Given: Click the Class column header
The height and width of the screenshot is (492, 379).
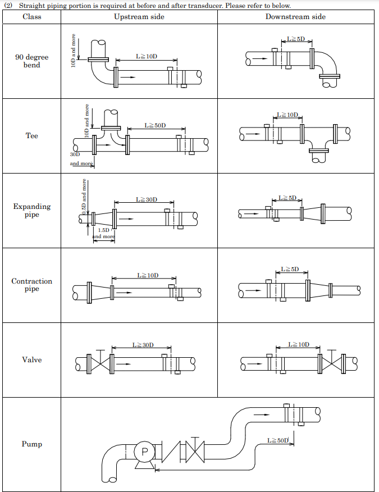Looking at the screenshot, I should click(x=32, y=16).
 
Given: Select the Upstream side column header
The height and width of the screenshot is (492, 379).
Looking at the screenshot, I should click(x=139, y=16).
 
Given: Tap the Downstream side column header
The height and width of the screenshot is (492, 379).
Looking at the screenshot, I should click(x=295, y=16).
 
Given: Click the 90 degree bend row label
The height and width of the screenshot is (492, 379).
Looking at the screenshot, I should click(x=32, y=61).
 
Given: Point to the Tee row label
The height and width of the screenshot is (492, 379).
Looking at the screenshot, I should click(x=32, y=135).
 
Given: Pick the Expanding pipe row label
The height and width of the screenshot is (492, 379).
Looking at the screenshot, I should click(x=32, y=210).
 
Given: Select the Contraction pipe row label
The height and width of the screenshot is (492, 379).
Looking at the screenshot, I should click(x=32, y=285).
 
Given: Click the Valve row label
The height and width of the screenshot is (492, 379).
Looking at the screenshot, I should click(x=32, y=359).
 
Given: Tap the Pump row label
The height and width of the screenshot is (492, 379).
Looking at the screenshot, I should click(x=32, y=444).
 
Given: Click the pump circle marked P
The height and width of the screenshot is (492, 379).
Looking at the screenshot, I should click(x=145, y=451).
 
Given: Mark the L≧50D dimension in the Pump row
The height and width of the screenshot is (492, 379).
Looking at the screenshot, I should click(x=277, y=440).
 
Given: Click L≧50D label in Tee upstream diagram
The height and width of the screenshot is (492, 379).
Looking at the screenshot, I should click(x=155, y=125).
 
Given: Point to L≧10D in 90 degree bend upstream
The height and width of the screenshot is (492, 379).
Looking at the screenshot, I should click(x=147, y=56).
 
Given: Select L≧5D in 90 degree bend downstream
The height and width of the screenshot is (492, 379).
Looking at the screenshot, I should click(x=295, y=39).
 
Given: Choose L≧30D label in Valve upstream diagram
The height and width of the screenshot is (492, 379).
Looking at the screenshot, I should click(x=143, y=345).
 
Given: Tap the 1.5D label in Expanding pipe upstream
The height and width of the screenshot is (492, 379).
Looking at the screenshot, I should click(x=104, y=230).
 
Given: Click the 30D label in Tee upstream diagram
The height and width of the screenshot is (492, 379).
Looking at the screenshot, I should click(x=75, y=154).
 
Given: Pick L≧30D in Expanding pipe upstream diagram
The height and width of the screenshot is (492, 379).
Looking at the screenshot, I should click(x=147, y=199).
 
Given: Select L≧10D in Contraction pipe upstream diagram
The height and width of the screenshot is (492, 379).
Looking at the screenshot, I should click(x=148, y=275).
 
